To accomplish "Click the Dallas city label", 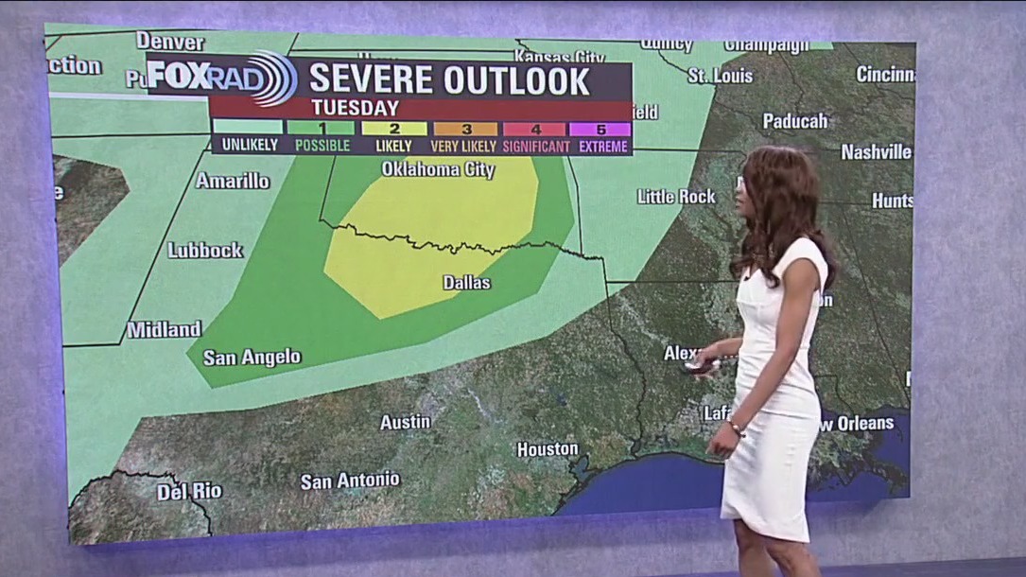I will [x=467, y=282].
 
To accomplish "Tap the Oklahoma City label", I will [x=438, y=170].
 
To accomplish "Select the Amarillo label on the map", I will [x=233, y=180].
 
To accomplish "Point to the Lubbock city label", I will [x=205, y=251].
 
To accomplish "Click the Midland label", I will [x=165, y=330].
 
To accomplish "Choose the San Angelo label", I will [x=252, y=357].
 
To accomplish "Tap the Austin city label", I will [x=405, y=422].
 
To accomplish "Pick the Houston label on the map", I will [x=548, y=448].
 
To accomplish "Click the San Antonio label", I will [x=350, y=481].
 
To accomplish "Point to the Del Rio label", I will [x=189, y=491].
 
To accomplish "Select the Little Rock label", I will [x=676, y=196].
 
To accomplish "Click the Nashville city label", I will [x=876, y=151].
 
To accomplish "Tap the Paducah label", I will [x=795, y=120].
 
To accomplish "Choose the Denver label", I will [x=170, y=42].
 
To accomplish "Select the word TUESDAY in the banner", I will [x=355, y=108].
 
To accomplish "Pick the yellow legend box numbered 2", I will [x=394, y=129].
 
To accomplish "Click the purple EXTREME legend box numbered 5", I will [x=601, y=129].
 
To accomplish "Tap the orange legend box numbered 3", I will [x=464, y=129].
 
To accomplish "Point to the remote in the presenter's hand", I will [x=701, y=365].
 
